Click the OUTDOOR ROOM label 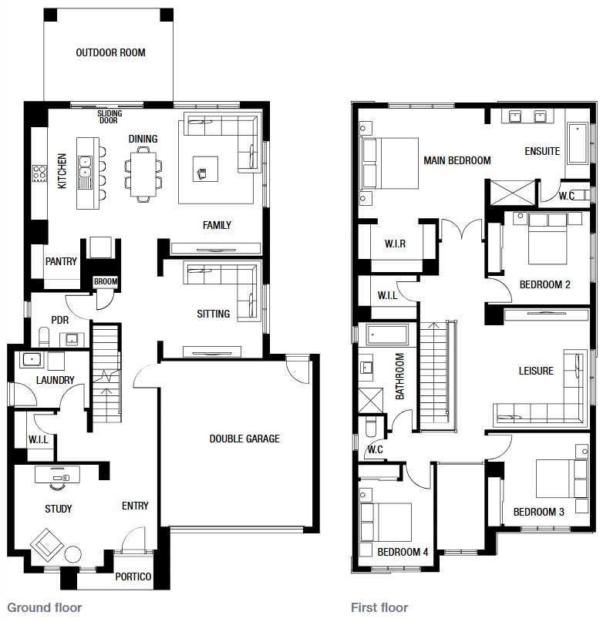click(x=110, y=52)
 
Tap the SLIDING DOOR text click(x=110, y=117)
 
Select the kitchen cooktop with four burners click(x=39, y=173)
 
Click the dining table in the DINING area click(x=143, y=174)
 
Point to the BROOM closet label click(x=106, y=281)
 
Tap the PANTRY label click(x=61, y=261)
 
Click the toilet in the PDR click(x=44, y=337)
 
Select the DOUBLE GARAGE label click(x=244, y=439)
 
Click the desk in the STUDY click(x=57, y=475)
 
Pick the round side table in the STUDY click(x=73, y=554)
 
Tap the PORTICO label click(x=133, y=577)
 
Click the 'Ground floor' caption click(x=45, y=607)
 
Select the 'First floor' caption click(x=379, y=607)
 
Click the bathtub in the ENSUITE click(x=578, y=143)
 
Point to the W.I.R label click(x=395, y=244)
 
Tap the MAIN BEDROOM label click(x=457, y=160)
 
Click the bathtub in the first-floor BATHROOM click(x=387, y=335)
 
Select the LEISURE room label click(x=536, y=371)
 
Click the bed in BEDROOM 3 click(x=561, y=479)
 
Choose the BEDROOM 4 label click(x=403, y=552)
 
